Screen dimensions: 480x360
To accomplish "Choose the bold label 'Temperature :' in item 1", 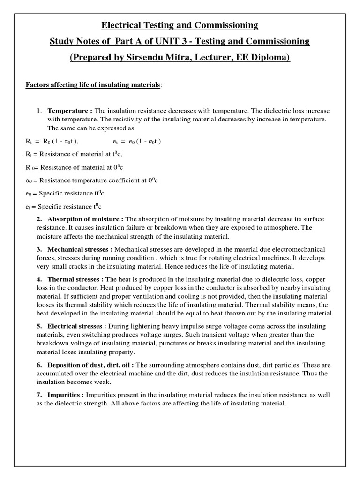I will [x=70, y=111].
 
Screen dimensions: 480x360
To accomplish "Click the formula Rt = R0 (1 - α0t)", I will [x=52, y=141].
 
